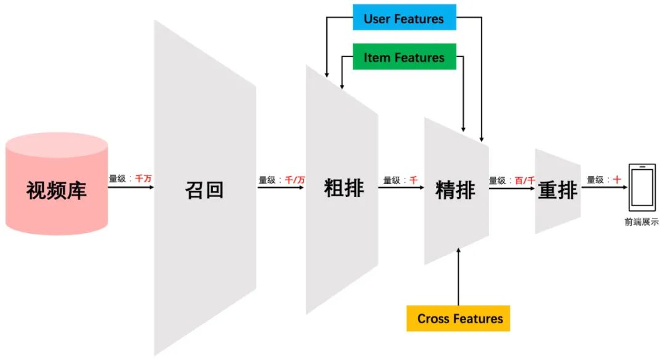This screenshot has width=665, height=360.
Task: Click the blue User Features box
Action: click(404, 18)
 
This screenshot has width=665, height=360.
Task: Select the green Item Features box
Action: click(404, 57)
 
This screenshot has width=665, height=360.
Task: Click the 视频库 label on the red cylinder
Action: click(57, 190)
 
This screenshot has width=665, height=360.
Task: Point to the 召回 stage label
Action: click(204, 189)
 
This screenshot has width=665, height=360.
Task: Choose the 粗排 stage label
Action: click(344, 188)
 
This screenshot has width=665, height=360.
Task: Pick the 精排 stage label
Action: click(455, 190)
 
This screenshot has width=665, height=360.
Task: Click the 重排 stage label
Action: click(557, 190)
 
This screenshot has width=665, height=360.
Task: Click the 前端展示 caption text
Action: click(641, 222)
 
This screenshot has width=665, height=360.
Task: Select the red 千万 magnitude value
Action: click(143, 178)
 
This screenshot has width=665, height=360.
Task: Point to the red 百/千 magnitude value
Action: click(525, 180)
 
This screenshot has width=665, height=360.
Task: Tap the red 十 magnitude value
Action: click(616, 180)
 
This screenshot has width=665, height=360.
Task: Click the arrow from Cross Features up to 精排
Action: click(459, 277)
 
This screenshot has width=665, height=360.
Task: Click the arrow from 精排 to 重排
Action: click(512, 187)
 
